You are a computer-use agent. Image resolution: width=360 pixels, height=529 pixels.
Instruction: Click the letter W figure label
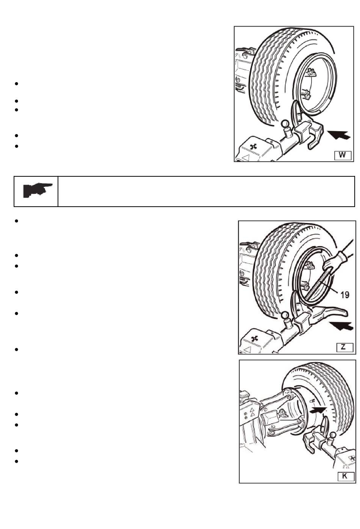click(343, 155)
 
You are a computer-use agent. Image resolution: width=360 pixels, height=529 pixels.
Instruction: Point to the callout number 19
click(344, 295)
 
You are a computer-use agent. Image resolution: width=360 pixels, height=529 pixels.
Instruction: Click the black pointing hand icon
click(37, 190)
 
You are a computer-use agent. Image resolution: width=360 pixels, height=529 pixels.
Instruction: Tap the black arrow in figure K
click(319, 410)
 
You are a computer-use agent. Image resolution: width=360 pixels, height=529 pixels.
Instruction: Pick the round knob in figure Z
click(285, 316)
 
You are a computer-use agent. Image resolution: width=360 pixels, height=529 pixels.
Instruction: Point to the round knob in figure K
click(333, 433)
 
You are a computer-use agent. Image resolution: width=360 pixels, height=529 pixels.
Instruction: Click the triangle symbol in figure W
click(246, 157)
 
